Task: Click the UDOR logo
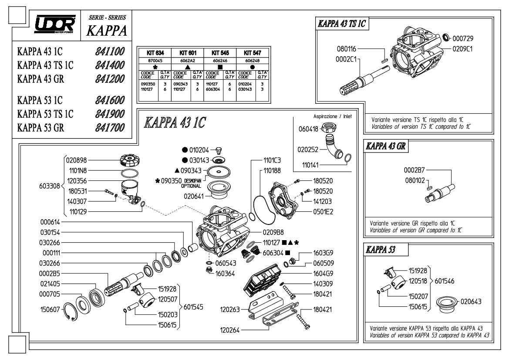55,24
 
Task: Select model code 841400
110,65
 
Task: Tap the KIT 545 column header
220,53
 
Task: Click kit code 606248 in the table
252,61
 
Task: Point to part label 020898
76,160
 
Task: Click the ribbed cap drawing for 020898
129,160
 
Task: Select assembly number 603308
50,186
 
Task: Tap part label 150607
51,309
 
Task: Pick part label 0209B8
273,232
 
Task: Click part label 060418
308,129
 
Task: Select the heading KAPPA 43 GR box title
386,146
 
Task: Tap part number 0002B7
414,170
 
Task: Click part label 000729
463,38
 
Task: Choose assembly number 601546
445,281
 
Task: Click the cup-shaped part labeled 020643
447,305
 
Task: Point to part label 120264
230,330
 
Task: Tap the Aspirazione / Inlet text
332,116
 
